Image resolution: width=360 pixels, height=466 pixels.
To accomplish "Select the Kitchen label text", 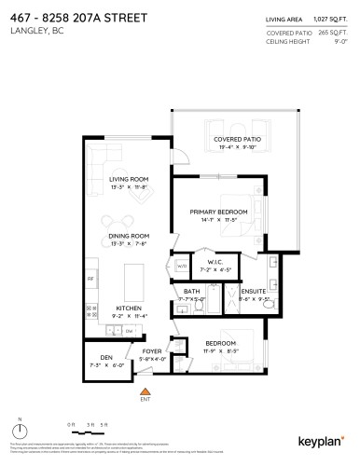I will click(128, 307).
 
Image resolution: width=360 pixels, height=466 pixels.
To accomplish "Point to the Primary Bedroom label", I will click(219, 212).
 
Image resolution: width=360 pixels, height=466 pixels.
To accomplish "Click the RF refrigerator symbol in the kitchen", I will click(90, 279).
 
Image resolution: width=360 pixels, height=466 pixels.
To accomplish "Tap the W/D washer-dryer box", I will click(181, 267).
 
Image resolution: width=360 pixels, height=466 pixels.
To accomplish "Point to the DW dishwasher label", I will click(130, 331).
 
